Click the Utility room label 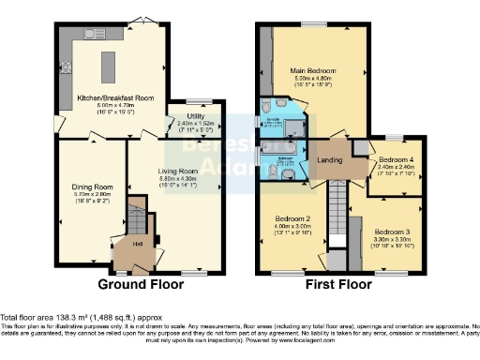[x=195, y=115]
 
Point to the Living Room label [x=176, y=171]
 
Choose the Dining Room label [x=91, y=187]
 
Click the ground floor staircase [x=137, y=221]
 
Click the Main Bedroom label [x=313, y=71]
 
